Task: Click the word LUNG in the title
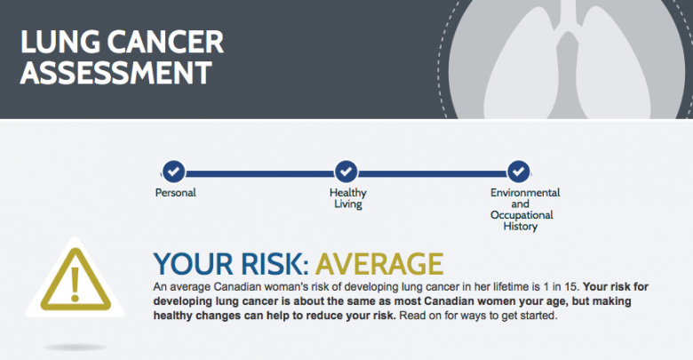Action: (60, 42)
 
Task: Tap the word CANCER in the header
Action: (165, 42)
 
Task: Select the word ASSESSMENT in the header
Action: (116, 73)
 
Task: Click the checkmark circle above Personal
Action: (173, 172)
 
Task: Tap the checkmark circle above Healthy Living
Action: (346, 172)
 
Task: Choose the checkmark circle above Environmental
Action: (519, 172)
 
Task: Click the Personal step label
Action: (175, 193)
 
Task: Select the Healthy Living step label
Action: (347, 198)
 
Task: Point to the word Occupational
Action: (522, 215)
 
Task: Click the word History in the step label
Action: (520, 227)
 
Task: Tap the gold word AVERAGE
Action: (379, 264)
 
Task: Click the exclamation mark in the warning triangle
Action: (76, 284)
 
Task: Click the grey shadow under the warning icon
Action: (76, 348)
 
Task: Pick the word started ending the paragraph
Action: (540, 316)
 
